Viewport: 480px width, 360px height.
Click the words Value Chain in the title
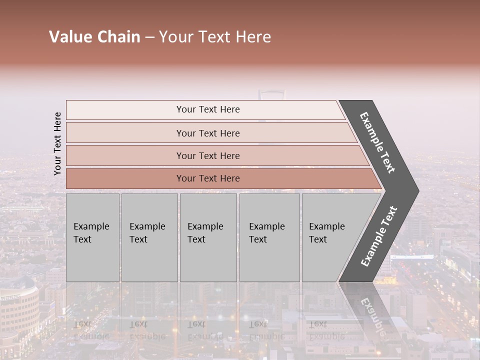[x=94, y=37]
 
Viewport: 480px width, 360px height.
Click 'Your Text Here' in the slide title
[x=215, y=37]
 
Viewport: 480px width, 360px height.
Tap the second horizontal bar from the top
[x=207, y=133]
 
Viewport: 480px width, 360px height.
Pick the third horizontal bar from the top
[x=207, y=155]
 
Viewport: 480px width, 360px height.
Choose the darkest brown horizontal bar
[x=207, y=178]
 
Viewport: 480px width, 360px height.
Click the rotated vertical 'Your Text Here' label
[x=57, y=143]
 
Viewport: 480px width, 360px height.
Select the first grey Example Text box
[x=92, y=237]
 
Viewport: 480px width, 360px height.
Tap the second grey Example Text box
[x=149, y=237]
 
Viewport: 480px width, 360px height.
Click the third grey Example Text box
[x=208, y=237]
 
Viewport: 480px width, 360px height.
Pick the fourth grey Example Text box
[x=269, y=237]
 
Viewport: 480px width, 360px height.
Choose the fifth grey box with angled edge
[x=330, y=237]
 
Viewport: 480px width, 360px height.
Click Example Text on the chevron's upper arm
[x=377, y=142]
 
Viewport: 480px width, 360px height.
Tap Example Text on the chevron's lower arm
[x=379, y=236]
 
